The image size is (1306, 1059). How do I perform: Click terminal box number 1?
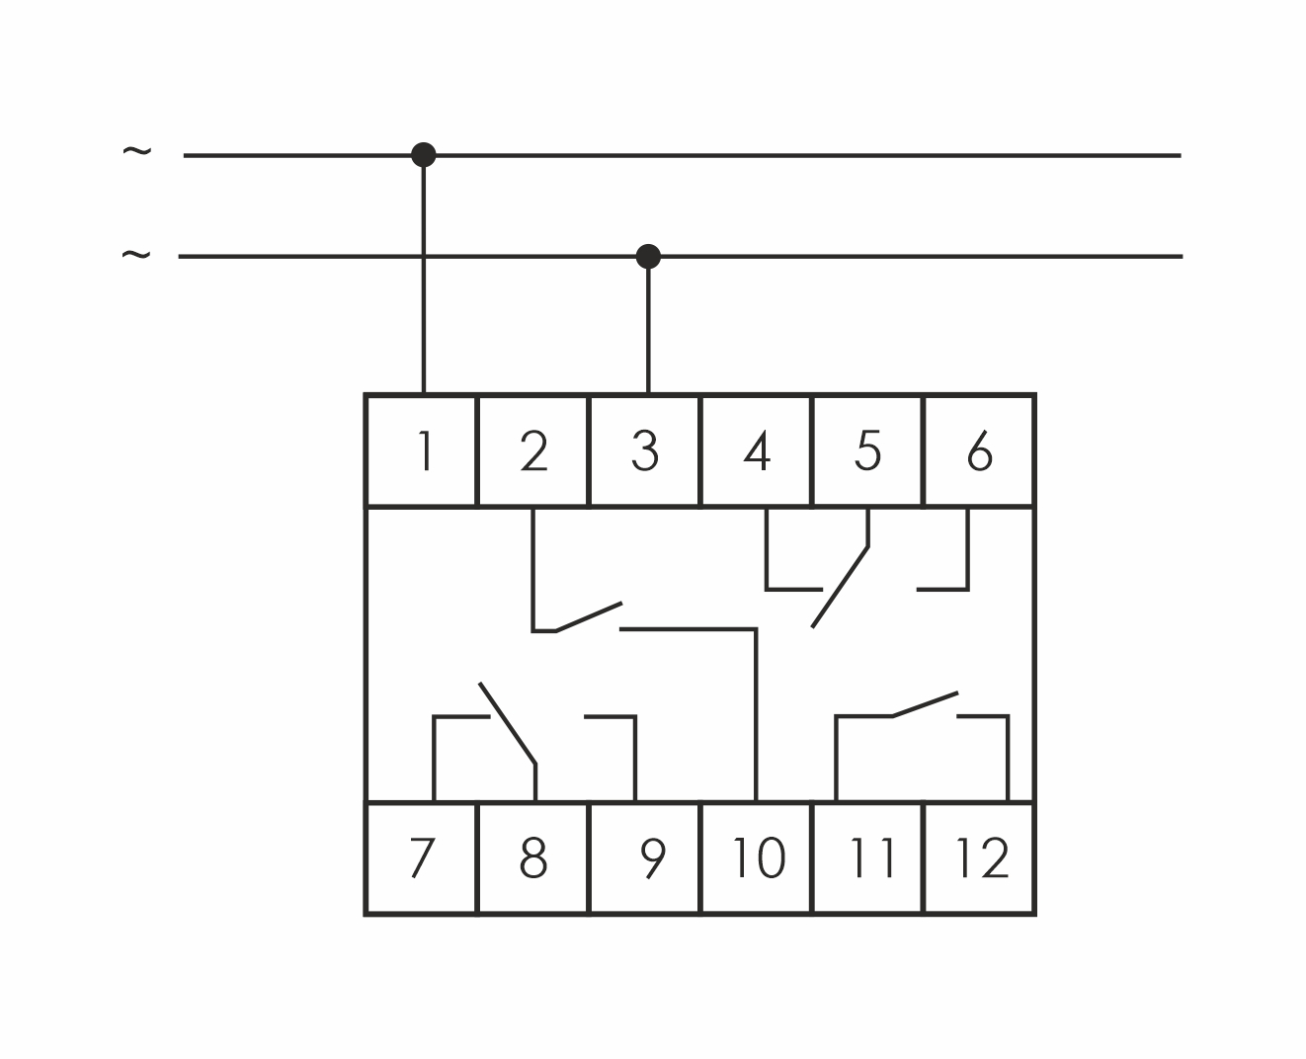click(x=421, y=450)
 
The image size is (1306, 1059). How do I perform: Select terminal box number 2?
click(x=532, y=450)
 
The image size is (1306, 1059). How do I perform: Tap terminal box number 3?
click(x=644, y=450)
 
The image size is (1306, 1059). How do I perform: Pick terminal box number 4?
click(x=756, y=450)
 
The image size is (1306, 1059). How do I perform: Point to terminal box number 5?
click(x=867, y=450)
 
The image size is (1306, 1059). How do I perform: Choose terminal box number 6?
click(x=979, y=450)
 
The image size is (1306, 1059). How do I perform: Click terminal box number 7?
click(x=421, y=857)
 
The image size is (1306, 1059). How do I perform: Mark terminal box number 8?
click(x=532, y=857)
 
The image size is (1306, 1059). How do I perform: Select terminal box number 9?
click(x=644, y=857)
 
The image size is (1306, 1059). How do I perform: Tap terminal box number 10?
click(x=756, y=857)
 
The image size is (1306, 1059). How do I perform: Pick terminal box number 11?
click(x=867, y=857)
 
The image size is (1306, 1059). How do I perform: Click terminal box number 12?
click(x=979, y=857)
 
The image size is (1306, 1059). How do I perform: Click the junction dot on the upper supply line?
click(x=424, y=155)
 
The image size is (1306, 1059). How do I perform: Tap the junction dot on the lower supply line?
click(x=648, y=256)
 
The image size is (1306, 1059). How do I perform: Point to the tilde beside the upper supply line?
click(x=136, y=150)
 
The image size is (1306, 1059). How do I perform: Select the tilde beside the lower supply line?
click(x=136, y=254)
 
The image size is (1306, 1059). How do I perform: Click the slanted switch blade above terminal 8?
click(x=507, y=723)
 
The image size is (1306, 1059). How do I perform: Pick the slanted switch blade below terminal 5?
click(x=840, y=587)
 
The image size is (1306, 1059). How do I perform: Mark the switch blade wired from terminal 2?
click(x=589, y=616)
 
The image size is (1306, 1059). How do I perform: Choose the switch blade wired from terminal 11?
click(x=926, y=704)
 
